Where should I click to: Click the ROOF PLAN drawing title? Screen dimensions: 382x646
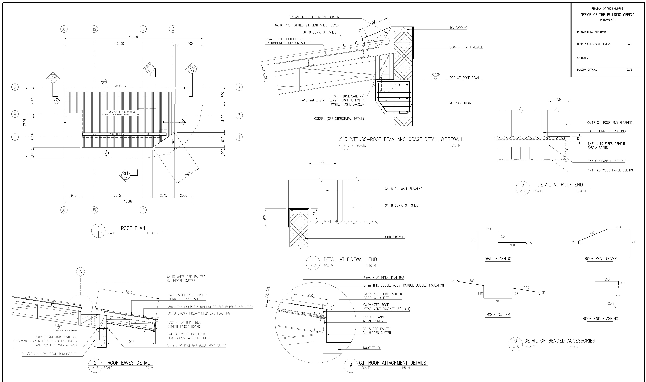pos(133,228)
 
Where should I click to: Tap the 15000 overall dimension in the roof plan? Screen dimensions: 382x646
pos(133,37)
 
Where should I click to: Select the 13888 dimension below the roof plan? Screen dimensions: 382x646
pos(128,201)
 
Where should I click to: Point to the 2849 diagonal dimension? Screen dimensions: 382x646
pos(187,174)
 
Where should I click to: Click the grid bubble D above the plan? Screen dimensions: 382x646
pos(173,29)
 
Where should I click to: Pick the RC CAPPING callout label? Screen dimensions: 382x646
pos(458,28)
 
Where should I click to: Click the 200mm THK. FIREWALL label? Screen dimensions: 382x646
pos(466,47)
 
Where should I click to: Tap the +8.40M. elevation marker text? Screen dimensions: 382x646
pos(435,75)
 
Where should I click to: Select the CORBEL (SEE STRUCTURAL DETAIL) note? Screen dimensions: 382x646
pos(339,119)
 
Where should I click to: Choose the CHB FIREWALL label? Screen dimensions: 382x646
pos(395,237)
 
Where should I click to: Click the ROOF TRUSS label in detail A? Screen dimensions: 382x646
pos(372,348)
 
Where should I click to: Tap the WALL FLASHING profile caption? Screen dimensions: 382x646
pos(498,259)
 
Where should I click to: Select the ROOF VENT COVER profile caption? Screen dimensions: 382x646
pos(600,259)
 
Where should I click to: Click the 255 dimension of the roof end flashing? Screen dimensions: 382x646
pos(607,279)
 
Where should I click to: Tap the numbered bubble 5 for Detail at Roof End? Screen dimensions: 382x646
pos(523,185)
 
